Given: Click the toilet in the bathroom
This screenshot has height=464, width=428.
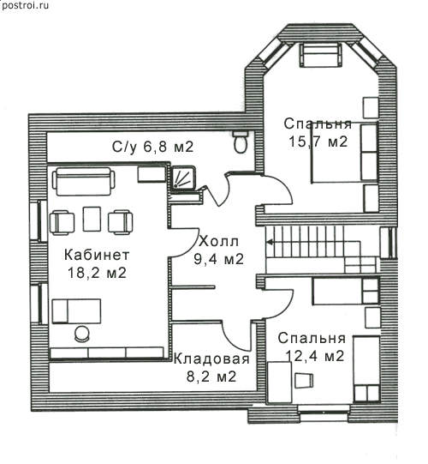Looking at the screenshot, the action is click(x=241, y=142).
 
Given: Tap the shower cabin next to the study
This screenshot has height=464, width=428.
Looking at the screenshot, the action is click(x=183, y=178).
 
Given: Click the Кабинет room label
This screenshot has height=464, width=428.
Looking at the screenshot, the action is click(x=97, y=255).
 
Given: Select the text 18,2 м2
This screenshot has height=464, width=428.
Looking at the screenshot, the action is click(x=97, y=273).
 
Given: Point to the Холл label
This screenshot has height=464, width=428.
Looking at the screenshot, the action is click(x=218, y=242).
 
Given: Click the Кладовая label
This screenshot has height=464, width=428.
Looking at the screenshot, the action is click(x=211, y=359).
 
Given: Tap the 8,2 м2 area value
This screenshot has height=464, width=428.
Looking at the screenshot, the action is click(x=211, y=377).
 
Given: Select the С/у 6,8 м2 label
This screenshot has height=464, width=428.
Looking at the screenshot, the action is click(x=152, y=147).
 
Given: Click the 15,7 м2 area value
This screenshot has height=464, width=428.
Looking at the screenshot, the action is click(x=318, y=142).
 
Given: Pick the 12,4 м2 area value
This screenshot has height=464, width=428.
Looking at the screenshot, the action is click(x=315, y=356).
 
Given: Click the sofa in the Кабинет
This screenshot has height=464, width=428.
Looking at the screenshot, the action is click(x=84, y=182).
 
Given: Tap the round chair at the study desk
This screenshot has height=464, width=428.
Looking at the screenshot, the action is click(x=82, y=334).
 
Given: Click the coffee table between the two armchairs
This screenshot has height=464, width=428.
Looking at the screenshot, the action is click(x=92, y=219).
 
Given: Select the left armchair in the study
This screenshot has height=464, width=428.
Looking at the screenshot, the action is click(x=62, y=222).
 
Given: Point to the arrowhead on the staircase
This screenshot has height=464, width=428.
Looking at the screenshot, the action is click(x=270, y=243).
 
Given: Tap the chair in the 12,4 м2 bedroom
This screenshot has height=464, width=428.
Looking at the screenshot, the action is click(x=304, y=381).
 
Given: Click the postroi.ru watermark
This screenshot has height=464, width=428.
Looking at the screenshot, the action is click(x=25, y=6).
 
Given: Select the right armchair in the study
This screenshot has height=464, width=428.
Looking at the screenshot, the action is click(x=120, y=222).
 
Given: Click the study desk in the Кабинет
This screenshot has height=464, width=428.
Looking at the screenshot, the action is click(x=76, y=311).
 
